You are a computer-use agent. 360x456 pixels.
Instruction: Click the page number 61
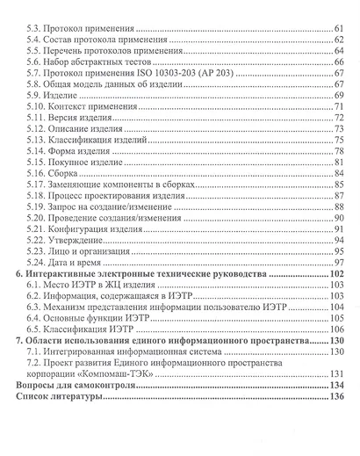click(337, 30)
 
